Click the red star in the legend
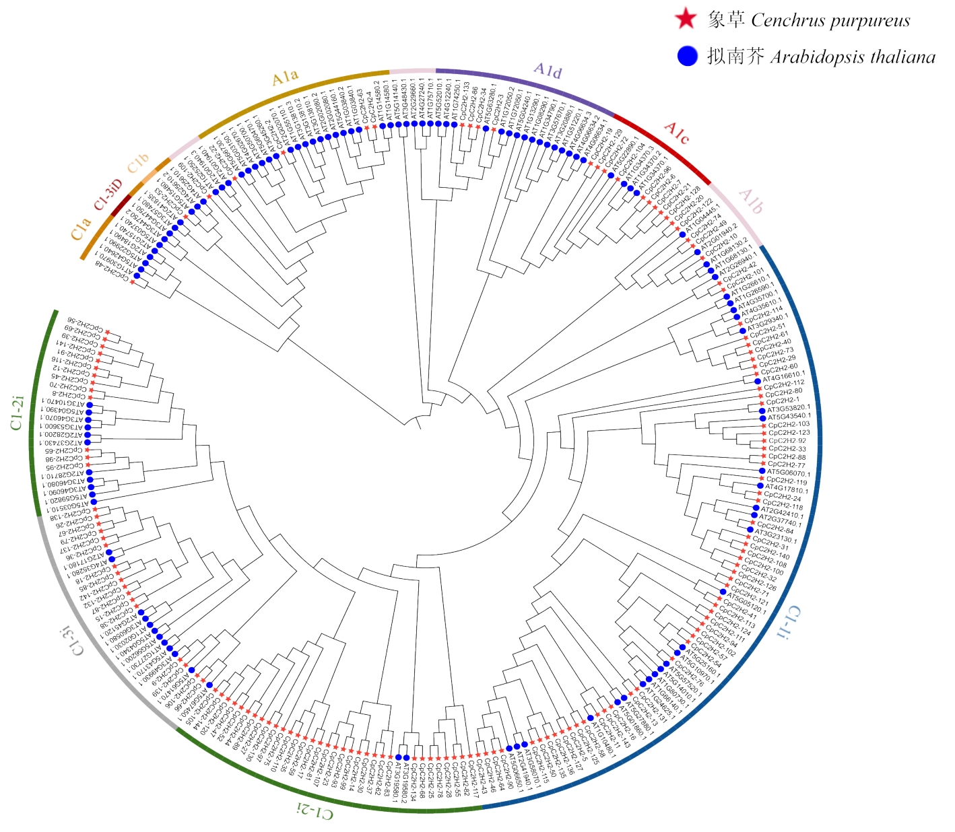(686, 20)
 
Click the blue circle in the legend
(687, 56)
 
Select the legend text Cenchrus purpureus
(830, 21)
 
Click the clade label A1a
(285, 77)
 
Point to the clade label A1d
(548, 70)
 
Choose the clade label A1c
(676, 133)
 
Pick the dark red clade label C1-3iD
(108, 195)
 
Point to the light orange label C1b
(137, 164)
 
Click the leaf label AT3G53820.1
(789, 408)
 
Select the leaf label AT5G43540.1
(789, 417)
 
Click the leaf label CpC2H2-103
(789, 425)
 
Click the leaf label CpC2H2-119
(786, 481)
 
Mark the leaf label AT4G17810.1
(786, 489)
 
